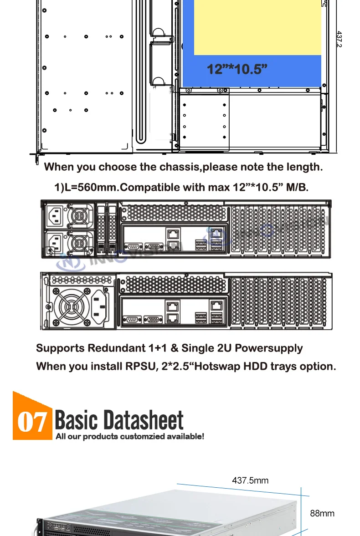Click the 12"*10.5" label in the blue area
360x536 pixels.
click(237, 69)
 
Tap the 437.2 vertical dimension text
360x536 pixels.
click(339, 39)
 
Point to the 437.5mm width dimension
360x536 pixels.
click(250, 480)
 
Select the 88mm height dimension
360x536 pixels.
click(322, 513)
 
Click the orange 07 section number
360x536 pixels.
click(32, 422)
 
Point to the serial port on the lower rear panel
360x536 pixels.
click(132, 319)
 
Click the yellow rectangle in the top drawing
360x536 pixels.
click(257, 27)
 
